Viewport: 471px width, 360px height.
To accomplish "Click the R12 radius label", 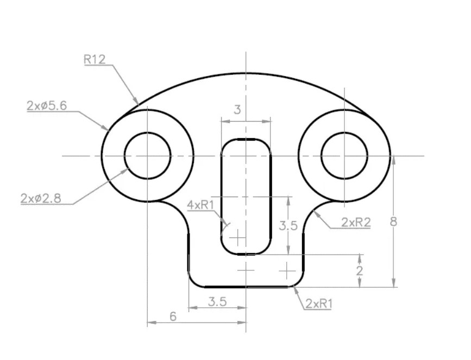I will [x=95, y=59].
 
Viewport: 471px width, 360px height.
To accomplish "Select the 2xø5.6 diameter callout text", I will [x=47, y=106].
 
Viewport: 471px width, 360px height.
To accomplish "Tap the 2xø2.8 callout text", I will [x=41, y=198].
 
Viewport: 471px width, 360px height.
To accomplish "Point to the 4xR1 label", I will [x=200, y=205].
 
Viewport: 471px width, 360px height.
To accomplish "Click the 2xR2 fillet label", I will [x=356, y=222].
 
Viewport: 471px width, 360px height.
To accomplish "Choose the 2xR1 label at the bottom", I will [x=318, y=304].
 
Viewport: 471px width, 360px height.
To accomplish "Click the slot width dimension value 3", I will [x=237, y=110].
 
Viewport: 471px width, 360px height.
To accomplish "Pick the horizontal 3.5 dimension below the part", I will [x=217, y=302].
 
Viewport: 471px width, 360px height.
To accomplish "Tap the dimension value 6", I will [x=173, y=317].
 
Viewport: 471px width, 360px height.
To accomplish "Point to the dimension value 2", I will [x=359, y=270].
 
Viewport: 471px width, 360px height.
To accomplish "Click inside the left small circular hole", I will [x=147, y=155].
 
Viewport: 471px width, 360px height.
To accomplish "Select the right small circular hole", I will [x=344, y=155].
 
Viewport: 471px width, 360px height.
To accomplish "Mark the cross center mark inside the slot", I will [x=237, y=237].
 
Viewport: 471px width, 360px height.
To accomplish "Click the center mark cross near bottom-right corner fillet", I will [x=287, y=269].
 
